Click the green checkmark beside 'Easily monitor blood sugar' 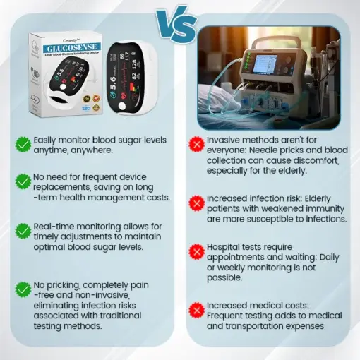(23, 144)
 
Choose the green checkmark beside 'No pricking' (23, 287)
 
